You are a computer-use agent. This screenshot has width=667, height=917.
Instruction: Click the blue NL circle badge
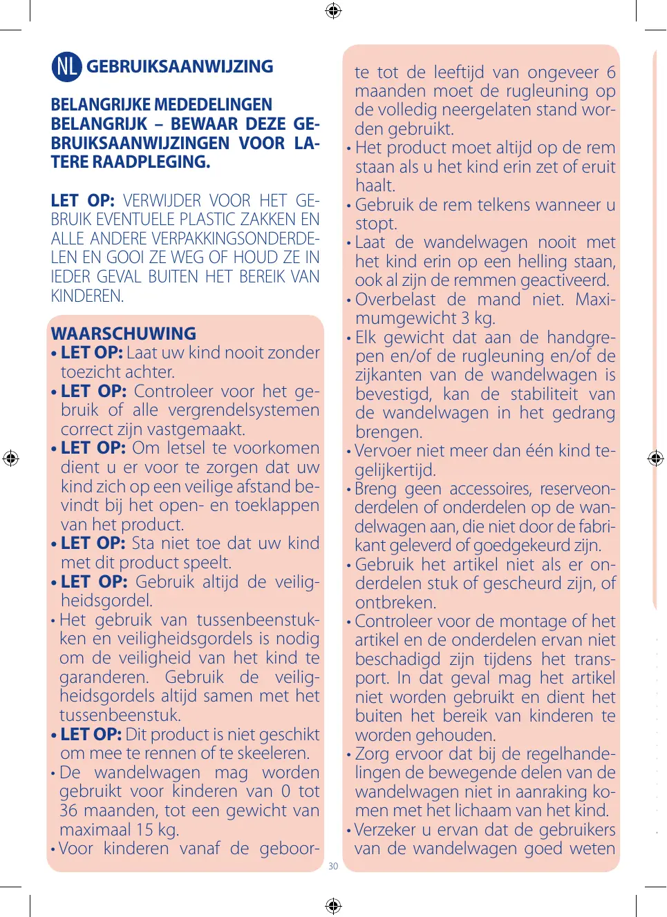coord(66,66)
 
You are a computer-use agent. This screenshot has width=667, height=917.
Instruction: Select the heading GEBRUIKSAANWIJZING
coord(180,67)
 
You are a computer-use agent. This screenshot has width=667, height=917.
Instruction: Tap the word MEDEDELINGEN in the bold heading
coord(214,105)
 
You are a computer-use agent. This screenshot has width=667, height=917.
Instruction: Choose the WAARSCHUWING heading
coord(124,334)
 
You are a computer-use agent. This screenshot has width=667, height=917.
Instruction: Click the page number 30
coord(333,866)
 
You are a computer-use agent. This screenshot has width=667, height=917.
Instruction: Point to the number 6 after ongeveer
coord(611,73)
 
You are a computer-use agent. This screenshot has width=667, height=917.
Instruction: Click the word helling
coord(541,262)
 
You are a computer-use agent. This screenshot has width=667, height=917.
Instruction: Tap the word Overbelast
coord(395,300)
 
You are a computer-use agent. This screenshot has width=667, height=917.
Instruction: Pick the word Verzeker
coord(386,830)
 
